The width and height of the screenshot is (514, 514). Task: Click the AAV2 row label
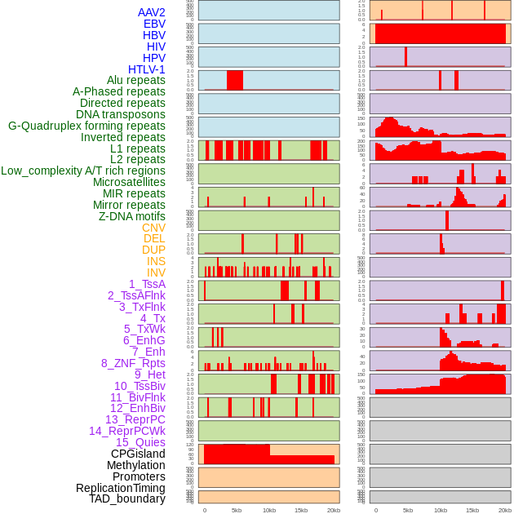click(152, 13)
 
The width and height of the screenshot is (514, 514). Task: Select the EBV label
click(154, 24)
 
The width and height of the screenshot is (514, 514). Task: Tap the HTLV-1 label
click(147, 69)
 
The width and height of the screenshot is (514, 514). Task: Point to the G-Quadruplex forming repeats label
click(86, 126)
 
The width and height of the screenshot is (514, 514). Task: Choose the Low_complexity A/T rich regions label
click(83, 171)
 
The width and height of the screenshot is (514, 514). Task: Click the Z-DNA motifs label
click(132, 216)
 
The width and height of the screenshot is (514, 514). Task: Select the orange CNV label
click(153, 228)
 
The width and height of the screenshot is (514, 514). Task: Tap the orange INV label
click(156, 273)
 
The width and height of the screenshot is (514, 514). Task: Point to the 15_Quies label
click(140, 442)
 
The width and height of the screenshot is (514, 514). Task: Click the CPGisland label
click(138, 454)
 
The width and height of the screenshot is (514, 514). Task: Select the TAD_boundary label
click(127, 498)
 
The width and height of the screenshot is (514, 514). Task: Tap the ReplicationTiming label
click(121, 488)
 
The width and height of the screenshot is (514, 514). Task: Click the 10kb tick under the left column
click(269, 510)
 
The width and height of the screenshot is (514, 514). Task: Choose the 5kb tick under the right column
click(408, 510)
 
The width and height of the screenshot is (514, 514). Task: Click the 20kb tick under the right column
click(505, 510)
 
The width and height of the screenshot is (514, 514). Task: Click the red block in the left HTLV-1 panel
click(235, 80)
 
